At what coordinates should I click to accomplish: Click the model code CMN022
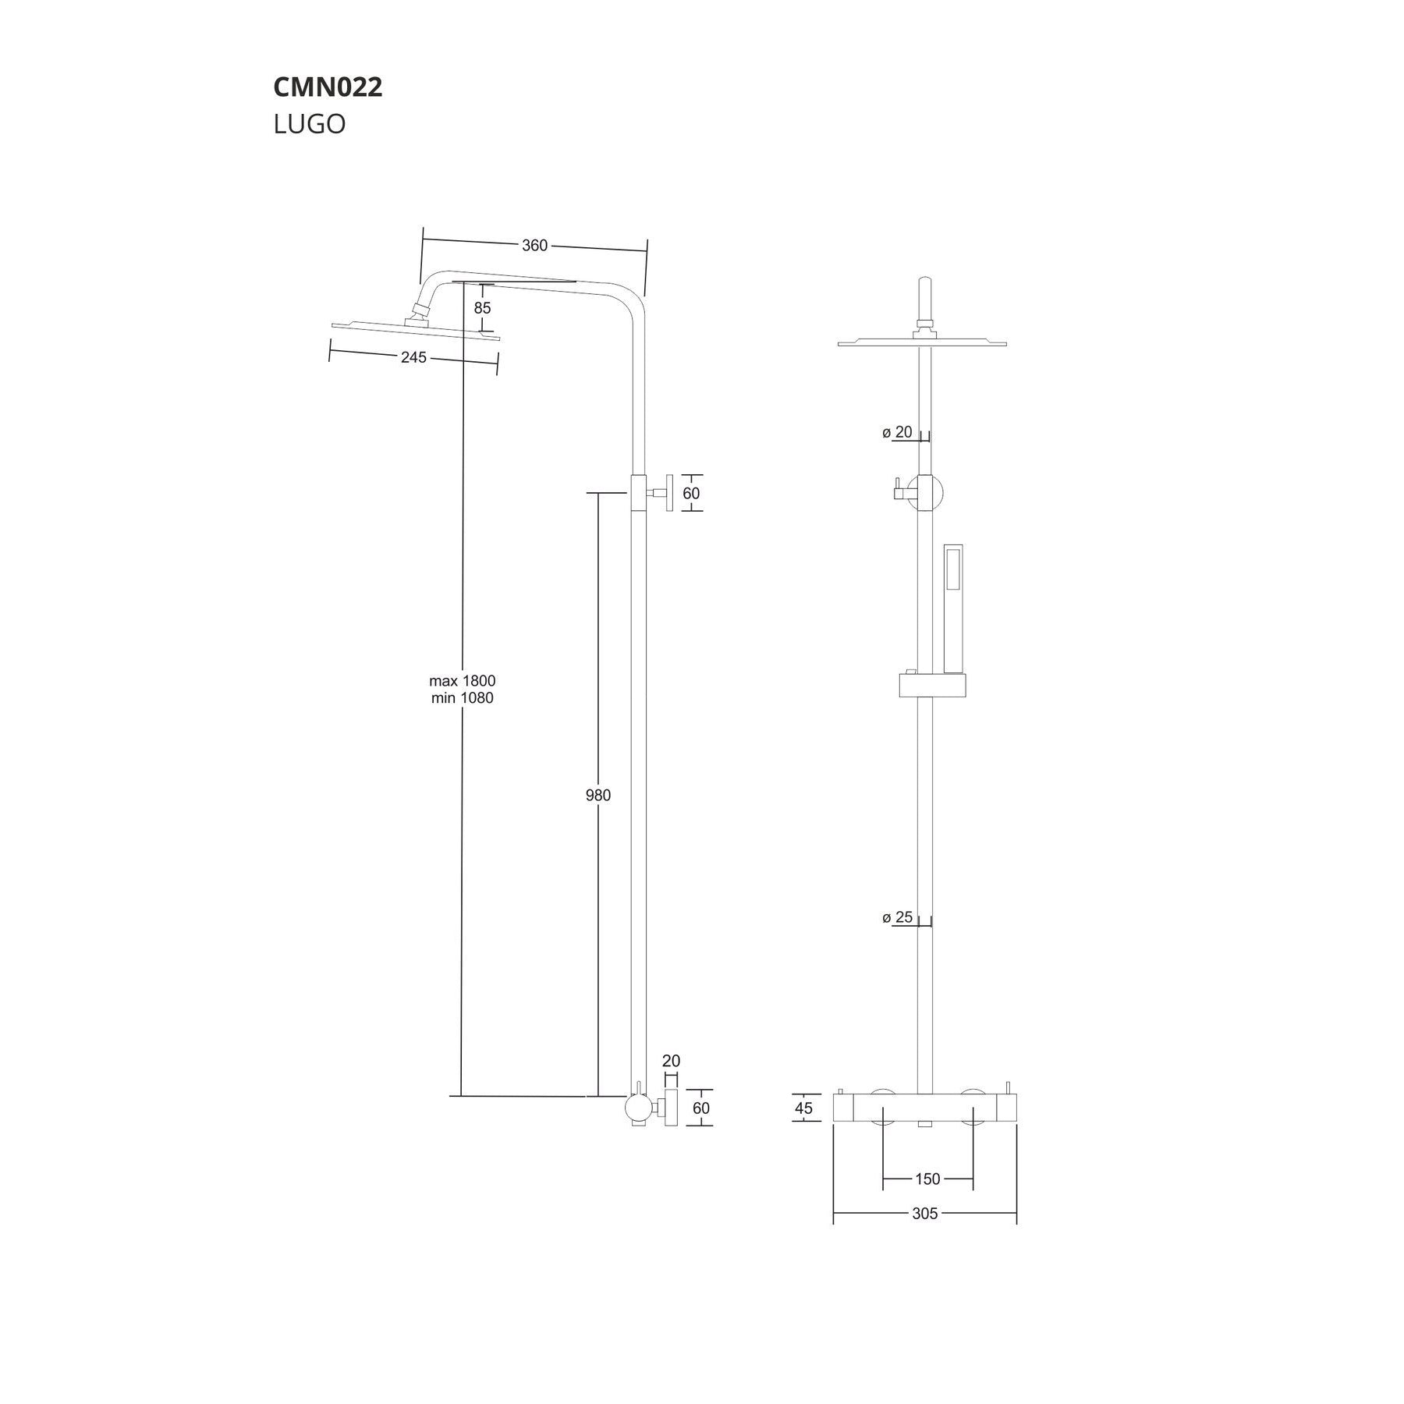(328, 87)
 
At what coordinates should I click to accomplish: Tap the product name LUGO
(310, 124)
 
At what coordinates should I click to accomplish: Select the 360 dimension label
(534, 246)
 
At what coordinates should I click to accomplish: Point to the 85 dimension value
(482, 308)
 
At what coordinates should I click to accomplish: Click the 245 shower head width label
(413, 357)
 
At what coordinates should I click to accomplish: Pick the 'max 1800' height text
(463, 681)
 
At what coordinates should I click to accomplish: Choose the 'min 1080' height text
(463, 698)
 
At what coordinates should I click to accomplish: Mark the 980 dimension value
(598, 796)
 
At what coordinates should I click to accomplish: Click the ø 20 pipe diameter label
(898, 432)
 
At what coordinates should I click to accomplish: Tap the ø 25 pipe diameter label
(898, 917)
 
